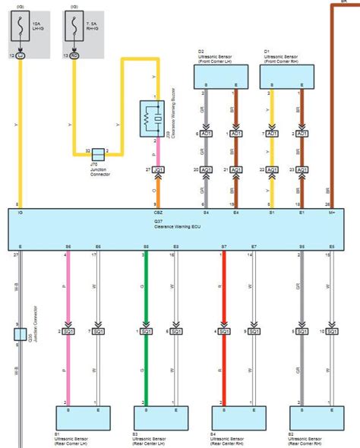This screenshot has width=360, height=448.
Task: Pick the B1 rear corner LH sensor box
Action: [x=83, y=418]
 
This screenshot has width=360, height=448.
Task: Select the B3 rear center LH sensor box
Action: [x=160, y=418]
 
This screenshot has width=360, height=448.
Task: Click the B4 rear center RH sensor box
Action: [x=238, y=418]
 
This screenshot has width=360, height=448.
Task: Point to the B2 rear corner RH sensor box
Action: [x=316, y=418]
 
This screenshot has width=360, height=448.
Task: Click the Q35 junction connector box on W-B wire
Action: [x=17, y=334]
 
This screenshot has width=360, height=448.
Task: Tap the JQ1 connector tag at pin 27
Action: [x=158, y=169]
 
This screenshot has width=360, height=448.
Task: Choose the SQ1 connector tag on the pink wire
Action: [x=69, y=332]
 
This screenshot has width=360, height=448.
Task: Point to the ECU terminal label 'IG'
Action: [x=19, y=215]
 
